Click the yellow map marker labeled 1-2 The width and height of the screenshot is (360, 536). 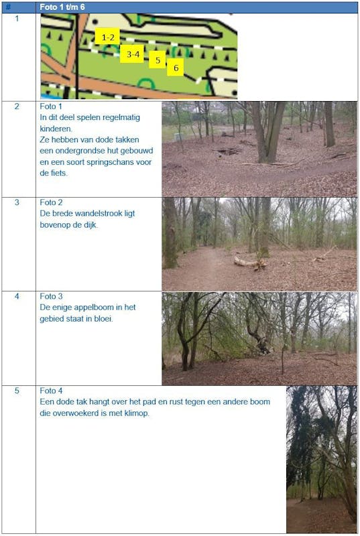point(107,36)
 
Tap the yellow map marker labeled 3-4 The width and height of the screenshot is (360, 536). point(133,54)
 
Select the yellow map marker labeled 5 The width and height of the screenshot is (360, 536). point(158,60)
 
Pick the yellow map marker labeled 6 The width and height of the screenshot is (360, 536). point(176,68)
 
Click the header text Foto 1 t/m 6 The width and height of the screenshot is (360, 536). point(62,7)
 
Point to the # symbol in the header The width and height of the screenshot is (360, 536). point(9,7)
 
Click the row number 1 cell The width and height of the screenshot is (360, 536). point(17,19)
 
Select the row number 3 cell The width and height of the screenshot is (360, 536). point(17,202)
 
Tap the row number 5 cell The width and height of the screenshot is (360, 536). point(17,391)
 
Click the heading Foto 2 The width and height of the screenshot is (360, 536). point(51,202)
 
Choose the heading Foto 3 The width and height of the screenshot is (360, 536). point(51,296)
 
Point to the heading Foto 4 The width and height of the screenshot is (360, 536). point(51,391)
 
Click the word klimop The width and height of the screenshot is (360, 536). point(137,413)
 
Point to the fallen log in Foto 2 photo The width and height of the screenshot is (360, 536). point(250,263)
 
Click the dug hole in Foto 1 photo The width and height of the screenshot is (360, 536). point(227,151)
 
